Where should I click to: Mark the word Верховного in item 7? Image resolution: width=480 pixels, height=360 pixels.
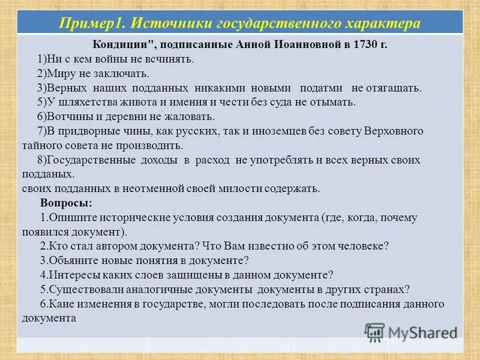(395, 131)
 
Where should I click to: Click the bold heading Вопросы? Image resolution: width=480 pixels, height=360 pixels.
(66, 203)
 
